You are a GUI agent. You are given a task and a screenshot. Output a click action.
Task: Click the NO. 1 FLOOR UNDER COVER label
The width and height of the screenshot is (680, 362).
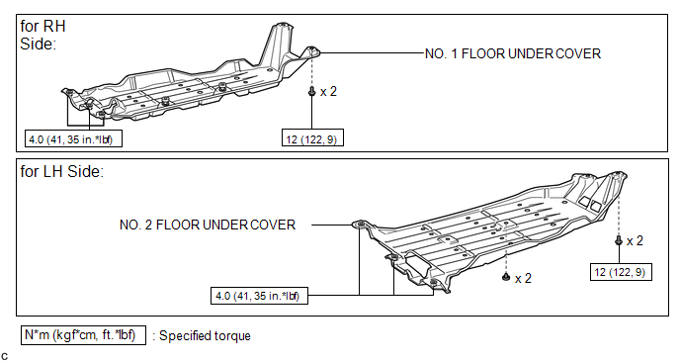[513, 53]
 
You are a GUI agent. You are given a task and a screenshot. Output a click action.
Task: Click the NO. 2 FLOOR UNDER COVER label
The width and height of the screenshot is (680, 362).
[208, 225]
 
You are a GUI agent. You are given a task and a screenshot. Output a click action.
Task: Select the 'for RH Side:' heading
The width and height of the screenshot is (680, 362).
[42, 35]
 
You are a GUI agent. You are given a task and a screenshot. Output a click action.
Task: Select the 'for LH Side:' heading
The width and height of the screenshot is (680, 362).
[62, 171]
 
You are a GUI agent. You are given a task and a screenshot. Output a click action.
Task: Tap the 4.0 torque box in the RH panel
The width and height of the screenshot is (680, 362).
[73, 138]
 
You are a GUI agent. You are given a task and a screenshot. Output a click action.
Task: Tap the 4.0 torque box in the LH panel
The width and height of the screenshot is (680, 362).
[259, 296]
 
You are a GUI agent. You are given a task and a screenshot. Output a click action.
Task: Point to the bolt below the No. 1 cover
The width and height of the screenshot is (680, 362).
[311, 92]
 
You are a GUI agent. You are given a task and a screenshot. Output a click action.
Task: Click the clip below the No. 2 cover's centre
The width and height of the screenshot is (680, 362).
[506, 277]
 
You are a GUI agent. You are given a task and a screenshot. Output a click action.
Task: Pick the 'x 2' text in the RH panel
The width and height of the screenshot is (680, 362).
[328, 92]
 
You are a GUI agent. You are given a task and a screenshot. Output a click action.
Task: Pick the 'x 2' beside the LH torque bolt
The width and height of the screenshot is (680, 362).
[635, 240]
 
